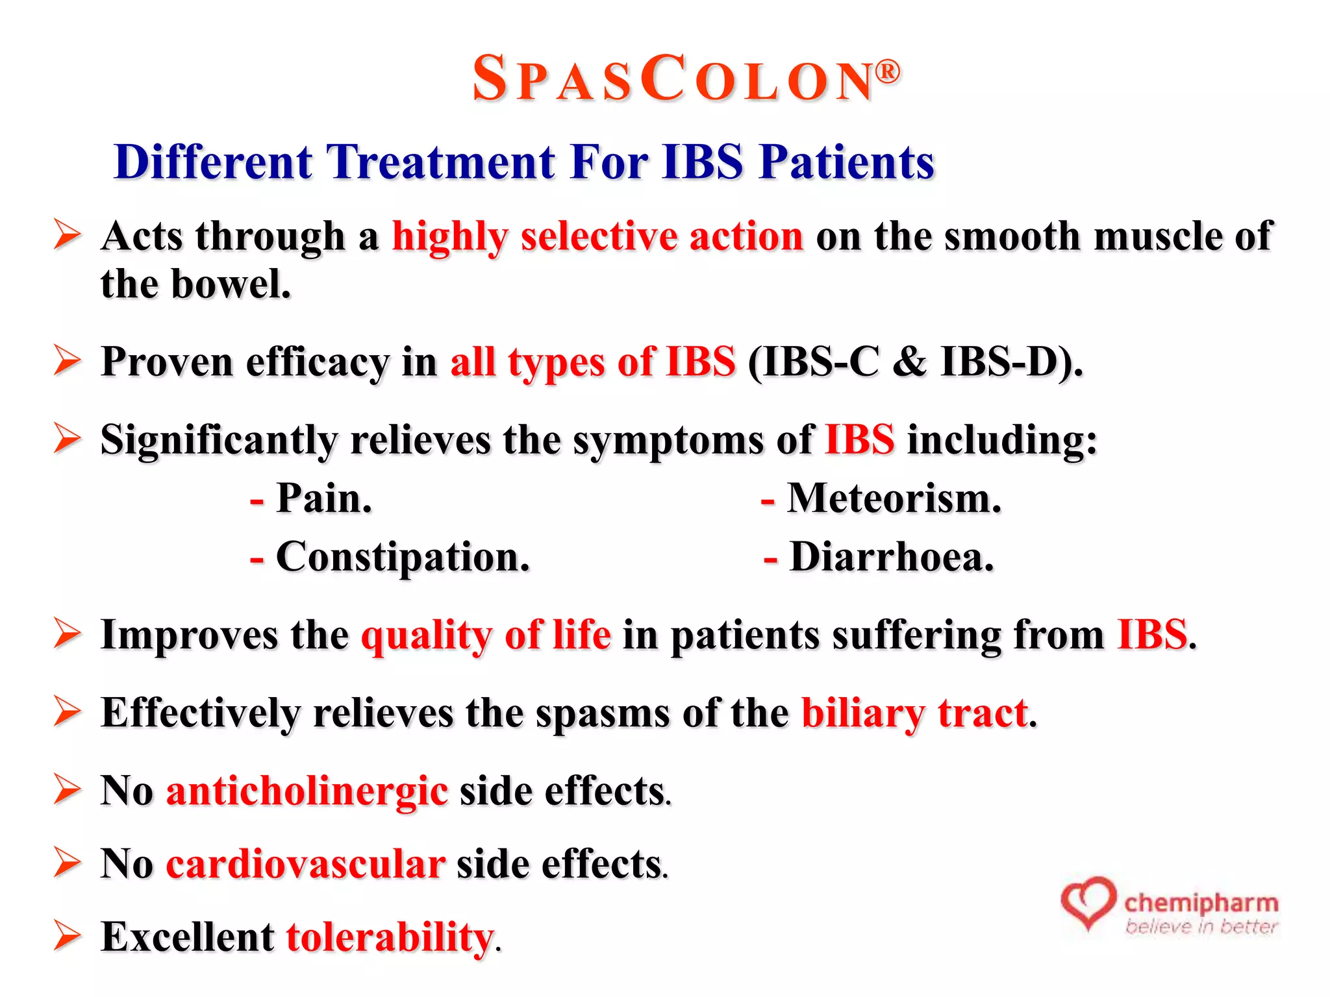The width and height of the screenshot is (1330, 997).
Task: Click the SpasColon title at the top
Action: (x=672, y=79)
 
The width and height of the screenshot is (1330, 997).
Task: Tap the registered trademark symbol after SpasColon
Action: (x=888, y=71)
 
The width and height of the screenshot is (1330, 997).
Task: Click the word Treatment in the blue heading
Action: (x=440, y=162)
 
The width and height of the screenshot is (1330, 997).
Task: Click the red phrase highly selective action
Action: (x=597, y=236)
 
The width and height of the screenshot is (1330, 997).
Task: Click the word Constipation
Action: (x=403, y=558)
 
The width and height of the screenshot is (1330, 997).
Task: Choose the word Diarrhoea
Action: (x=891, y=558)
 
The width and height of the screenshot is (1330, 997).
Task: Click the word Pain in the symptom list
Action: (x=323, y=499)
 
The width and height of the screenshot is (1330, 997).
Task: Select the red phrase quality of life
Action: (x=486, y=635)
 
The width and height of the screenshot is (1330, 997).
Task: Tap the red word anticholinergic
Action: (x=307, y=791)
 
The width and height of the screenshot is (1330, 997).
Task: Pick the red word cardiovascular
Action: (x=305, y=865)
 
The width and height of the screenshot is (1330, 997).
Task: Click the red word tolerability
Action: (x=390, y=937)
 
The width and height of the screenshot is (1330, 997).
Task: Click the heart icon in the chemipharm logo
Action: (x=1088, y=902)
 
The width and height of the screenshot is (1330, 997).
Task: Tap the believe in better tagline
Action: (x=1201, y=927)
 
